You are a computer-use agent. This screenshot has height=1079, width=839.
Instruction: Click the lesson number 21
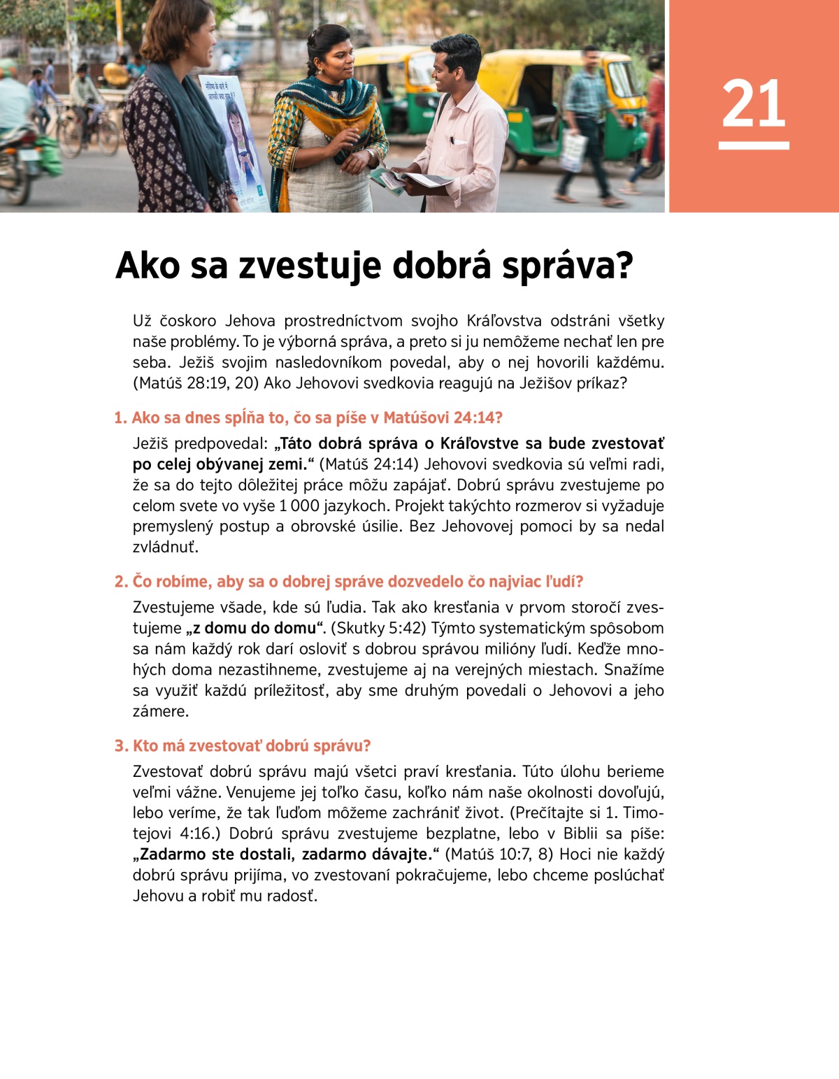click(x=754, y=103)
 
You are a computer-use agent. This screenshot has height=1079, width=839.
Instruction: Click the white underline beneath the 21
click(x=754, y=145)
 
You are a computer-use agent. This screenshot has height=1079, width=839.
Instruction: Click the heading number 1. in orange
click(x=121, y=418)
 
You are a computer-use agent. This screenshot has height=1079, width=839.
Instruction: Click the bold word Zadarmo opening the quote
click(x=173, y=855)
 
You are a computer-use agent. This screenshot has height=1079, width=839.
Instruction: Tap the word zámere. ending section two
click(x=161, y=711)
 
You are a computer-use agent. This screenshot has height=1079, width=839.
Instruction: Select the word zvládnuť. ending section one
click(x=166, y=547)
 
